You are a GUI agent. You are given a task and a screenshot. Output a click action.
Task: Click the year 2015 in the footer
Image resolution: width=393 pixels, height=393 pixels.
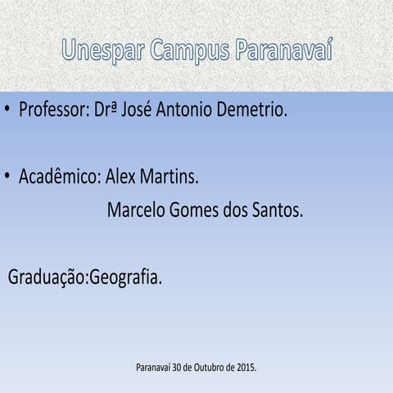click(x=245, y=368)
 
